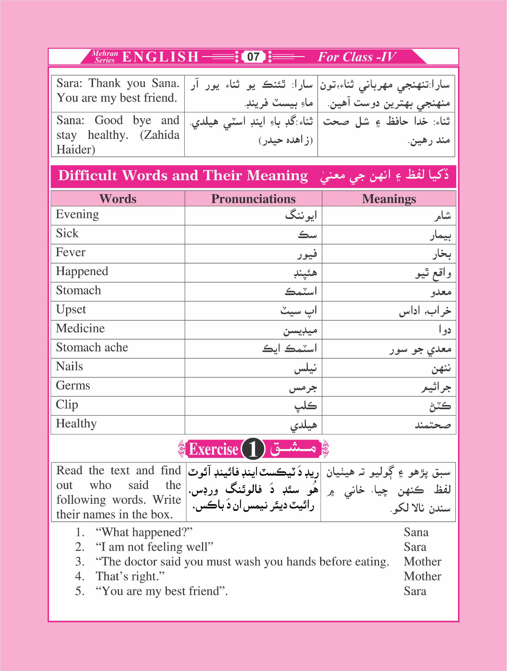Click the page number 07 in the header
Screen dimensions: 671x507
tap(253, 57)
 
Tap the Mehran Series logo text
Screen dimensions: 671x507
tap(105, 57)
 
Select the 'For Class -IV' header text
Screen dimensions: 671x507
tap(357, 57)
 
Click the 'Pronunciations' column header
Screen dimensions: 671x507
tap(253, 199)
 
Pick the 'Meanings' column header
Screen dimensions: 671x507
tap(389, 199)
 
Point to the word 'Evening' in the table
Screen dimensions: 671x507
tap(78, 214)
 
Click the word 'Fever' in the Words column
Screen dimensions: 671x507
tap(70, 252)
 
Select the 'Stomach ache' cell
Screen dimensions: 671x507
tap(92, 348)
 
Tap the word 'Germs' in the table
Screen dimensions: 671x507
tap(73, 386)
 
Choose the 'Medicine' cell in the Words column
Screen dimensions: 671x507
tap(80, 328)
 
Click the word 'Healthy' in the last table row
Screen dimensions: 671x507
tap(76, 424)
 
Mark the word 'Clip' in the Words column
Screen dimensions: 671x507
tap(67, 405)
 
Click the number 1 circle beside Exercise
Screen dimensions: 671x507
tap(253, 449)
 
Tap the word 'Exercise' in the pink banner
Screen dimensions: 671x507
tap(214, 449)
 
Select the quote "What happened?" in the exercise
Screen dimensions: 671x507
tap(144, 532)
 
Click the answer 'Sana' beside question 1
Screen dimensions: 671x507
tap(416, 532)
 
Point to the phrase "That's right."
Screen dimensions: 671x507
tap(130, 577)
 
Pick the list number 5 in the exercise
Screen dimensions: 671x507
tap(80, 591)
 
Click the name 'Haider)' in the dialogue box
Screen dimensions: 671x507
tap(76, 150)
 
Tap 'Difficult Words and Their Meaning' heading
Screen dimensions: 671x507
tap(183, 176)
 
